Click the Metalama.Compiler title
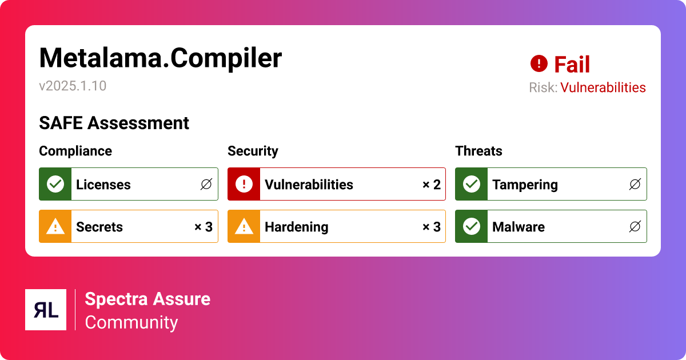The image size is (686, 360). point(160,58)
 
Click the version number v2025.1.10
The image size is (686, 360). point(73,86)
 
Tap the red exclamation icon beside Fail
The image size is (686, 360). point(539,63)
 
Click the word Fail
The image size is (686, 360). point(572,65)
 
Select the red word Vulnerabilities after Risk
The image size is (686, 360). point(603,87)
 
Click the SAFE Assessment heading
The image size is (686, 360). point(114,123)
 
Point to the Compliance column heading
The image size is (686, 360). point(75,151)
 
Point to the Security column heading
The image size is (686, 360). point(253,151)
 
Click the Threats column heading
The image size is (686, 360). point(478,151)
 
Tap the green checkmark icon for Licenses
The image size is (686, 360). point(55,184)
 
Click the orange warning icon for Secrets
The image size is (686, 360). point(55,226)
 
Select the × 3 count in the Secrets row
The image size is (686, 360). point(203,227)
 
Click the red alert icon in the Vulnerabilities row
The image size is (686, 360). point(244,184)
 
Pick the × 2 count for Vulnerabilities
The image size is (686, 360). point(431,185)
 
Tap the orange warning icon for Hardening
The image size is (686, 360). point(244,226)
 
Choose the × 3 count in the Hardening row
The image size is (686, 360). point(431,227)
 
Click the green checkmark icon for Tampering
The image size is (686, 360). point(471,184)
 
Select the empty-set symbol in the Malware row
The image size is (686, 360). point(635,227)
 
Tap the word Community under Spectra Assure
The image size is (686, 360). point(131,322)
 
